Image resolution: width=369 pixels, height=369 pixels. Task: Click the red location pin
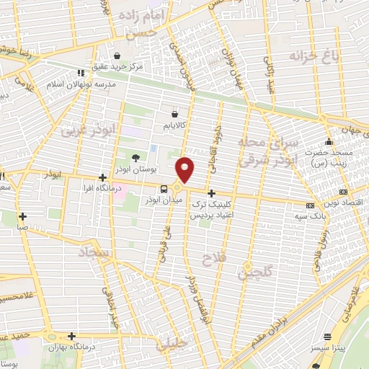[186, 169]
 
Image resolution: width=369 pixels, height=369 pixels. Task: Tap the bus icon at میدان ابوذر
[164, 189]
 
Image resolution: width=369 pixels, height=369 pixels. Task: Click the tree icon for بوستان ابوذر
[135, 158]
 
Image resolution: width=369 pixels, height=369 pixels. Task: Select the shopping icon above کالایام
[175, 113]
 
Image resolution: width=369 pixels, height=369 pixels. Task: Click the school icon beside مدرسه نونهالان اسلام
[79, 73]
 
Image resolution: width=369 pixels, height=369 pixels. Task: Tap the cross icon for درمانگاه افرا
[103, 177]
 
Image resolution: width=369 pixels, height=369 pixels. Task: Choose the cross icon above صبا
[23, 215]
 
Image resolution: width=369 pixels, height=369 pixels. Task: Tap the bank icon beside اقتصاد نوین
[343, 192]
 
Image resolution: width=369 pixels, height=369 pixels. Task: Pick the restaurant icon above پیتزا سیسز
[328, 337]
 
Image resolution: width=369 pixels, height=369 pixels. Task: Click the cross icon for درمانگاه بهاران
[71, 336]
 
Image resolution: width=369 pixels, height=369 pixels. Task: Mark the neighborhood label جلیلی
[172, 344]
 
